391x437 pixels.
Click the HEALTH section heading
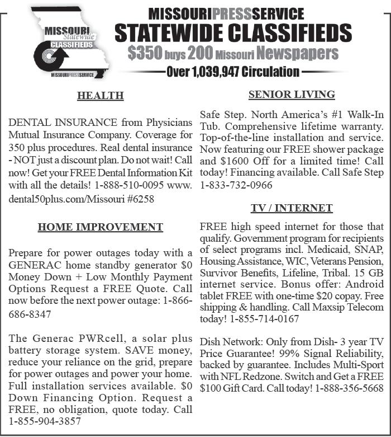[x=101, y=96]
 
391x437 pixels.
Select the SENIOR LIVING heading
[x=292, y=95]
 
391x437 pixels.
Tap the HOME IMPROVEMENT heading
[x=101, y=227]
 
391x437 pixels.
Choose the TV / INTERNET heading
[x=292, y=208]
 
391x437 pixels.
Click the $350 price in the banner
[x=145, y=54]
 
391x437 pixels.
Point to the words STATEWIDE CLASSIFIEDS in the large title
[x=226, y=32]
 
